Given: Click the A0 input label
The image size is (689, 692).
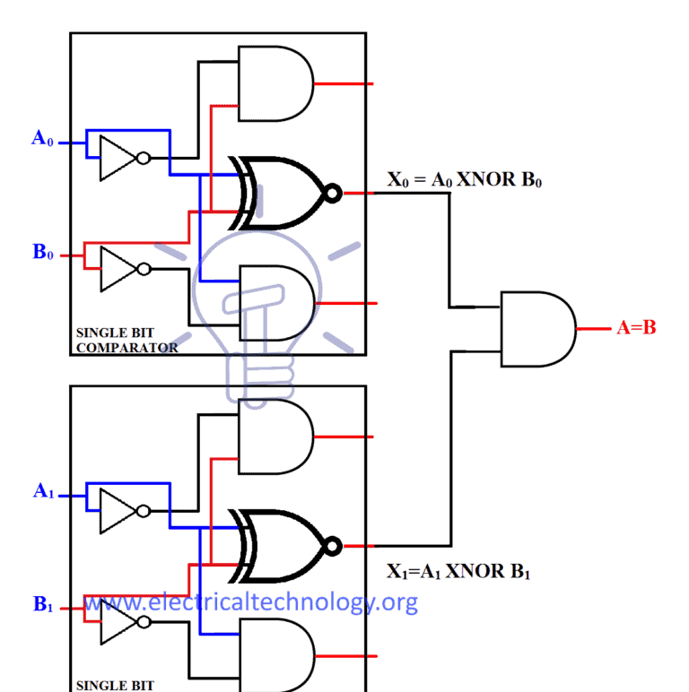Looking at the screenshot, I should point(42,139).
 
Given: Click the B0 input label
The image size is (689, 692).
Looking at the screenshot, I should point(43,253).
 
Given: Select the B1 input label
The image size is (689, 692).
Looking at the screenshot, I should point(43,605).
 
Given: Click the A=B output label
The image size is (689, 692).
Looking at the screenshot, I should point(636,328).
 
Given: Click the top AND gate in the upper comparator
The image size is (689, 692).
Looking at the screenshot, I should point(275,84).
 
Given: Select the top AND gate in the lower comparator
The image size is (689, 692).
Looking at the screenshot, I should point(275,437).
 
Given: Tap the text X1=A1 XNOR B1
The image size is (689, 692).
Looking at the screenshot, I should point(458,571).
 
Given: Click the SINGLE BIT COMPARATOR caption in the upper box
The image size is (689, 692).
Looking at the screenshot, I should point(126,340).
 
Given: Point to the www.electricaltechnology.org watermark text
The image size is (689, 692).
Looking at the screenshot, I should point(251,601).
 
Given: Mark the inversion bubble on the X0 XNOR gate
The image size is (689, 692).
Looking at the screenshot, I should point(334,193).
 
